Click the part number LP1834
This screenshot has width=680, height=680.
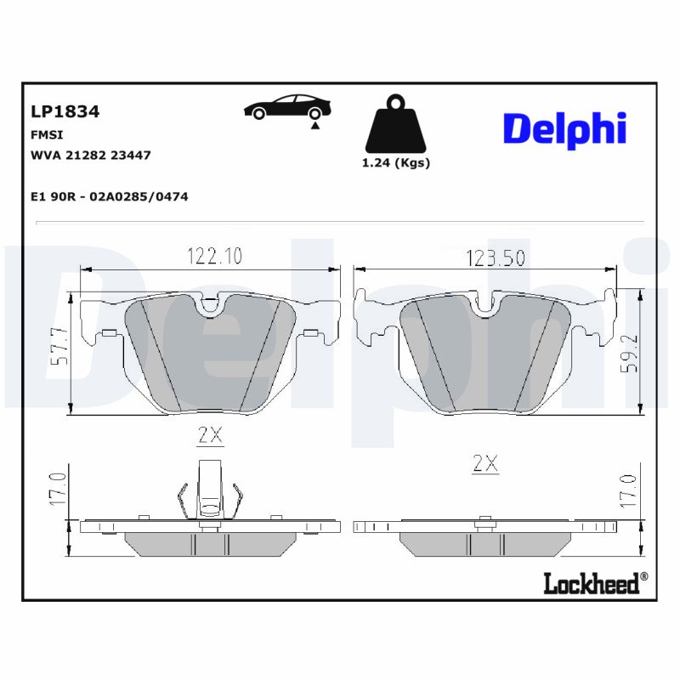point(65,111)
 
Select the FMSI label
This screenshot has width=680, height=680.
point(47,134)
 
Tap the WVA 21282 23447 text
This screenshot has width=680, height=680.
point(90,156)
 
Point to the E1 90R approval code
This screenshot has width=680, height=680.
point(109,196)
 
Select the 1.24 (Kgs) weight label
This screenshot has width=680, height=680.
point(396,163)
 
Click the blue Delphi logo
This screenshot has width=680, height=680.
point(564,129)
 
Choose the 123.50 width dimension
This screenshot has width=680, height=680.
point(496,258)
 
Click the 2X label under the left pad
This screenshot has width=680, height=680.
point(210,435)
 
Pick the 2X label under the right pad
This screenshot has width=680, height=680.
point(484,463)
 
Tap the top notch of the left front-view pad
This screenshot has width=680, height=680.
point(209,305)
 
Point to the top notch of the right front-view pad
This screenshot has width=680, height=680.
point(486,303)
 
